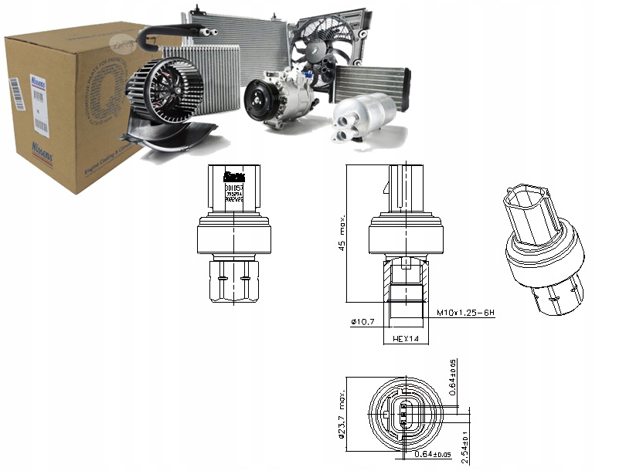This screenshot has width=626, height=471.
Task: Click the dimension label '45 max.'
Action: pyautogui.click(x=340, y=237)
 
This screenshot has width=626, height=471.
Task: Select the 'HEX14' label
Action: pyautogui.click(x=405, y=338)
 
